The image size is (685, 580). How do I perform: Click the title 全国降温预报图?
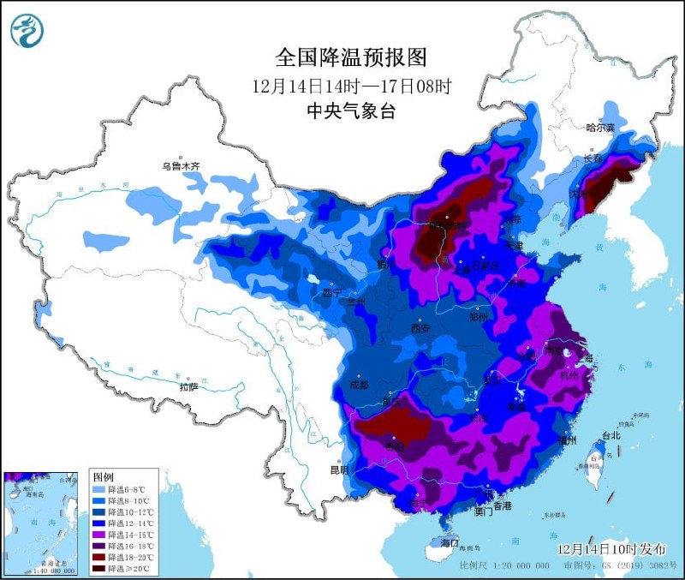click(351, 57)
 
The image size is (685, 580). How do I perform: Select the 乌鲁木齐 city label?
click(181, 166)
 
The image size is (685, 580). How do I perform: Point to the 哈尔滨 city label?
click(600, 128)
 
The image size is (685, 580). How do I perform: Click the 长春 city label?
click(593, 159)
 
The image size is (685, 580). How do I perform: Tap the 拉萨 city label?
click(188, 387)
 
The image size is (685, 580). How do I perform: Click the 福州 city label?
click(566, 439)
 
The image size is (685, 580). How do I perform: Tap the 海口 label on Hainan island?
click(450, 543)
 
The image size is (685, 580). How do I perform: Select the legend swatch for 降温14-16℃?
click(99, 534)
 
